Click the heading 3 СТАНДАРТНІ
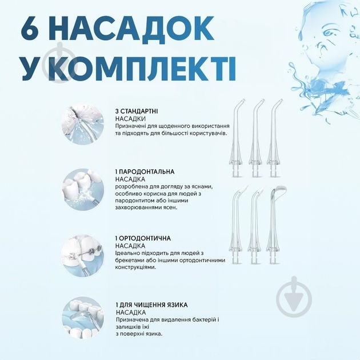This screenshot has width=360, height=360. (x=137, y=110)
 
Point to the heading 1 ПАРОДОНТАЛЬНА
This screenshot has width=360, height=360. (x=145, y=171)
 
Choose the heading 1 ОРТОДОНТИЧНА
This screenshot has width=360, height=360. (x=143, y=238)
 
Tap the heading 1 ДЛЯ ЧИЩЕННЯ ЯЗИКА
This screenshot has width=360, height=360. (x=151, y=305)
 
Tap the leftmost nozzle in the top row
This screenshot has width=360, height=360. (x=241, y=138)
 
